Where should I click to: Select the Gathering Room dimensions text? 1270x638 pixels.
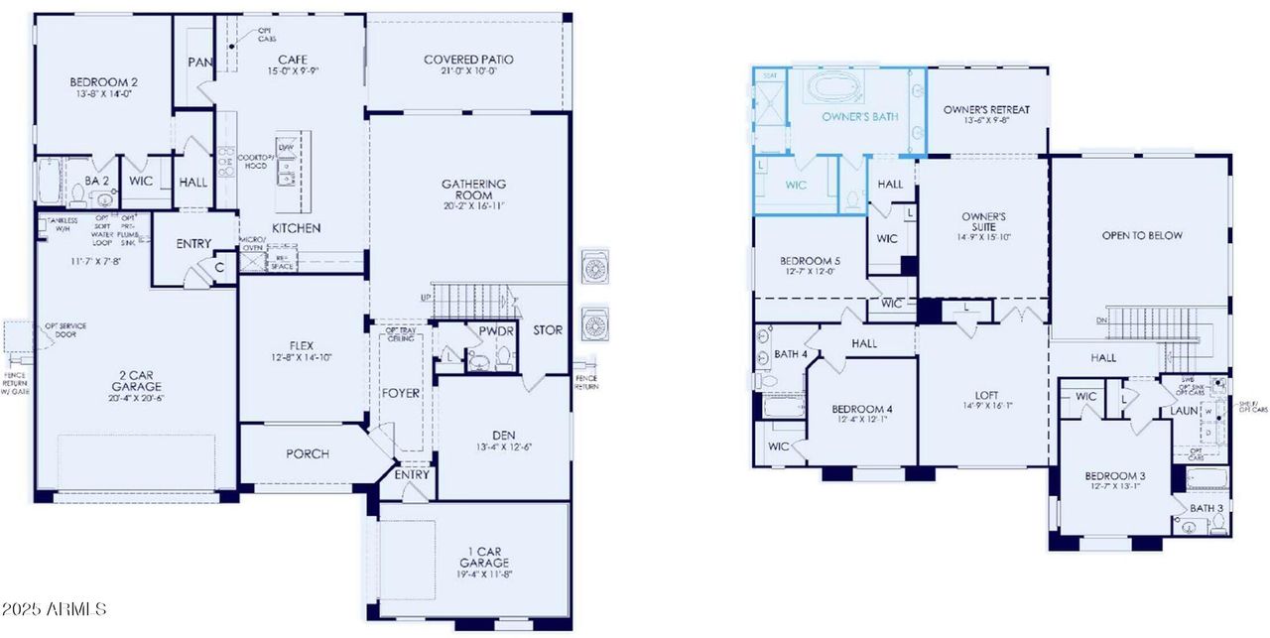point(473,207)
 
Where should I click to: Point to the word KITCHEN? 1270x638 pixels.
point(297,228)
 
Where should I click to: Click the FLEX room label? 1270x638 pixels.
point(301,345)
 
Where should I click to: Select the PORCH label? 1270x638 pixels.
point(308,454)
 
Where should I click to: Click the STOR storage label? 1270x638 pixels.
point(548,330)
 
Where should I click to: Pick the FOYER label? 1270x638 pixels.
point(401,393)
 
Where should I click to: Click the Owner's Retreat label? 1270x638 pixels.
point(986,109)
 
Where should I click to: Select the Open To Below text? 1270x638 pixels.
point(1142,236)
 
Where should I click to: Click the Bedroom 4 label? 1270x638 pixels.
point(861,409)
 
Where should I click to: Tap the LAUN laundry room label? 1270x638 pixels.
point(1185,410)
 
